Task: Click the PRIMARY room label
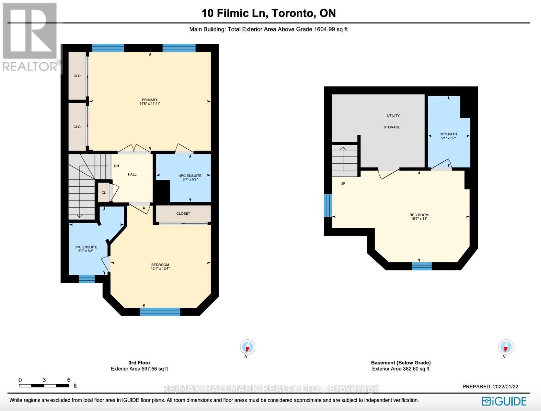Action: point(150,100)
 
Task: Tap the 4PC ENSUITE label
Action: point(190,176)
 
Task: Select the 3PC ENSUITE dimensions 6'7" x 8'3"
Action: point(86,251)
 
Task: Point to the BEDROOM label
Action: point(160,265)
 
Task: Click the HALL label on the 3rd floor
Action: point(132,174)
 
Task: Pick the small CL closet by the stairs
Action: point(104,192)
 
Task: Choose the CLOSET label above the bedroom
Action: point(183,213)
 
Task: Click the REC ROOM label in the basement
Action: point(419,215)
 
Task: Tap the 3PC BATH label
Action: point(448,134)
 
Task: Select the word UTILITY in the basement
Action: point(393,115)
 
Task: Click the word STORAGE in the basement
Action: point(392,127)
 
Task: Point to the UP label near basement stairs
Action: point(343,184)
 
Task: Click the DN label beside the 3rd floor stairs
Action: point(116,166)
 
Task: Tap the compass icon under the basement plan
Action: point(506,347)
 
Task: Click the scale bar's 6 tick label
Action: point(69,380)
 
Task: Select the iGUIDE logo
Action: point(504,401)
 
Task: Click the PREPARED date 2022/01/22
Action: point(505,386)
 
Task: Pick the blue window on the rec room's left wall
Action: point(328,206)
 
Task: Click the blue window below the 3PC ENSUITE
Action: point(86,279)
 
